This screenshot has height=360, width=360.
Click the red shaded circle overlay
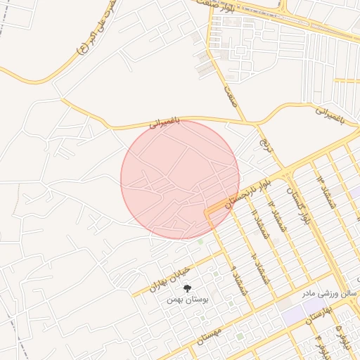[180, 179]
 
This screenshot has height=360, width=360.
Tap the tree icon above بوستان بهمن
[187, 288]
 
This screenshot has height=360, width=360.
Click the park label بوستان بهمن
[186, 299]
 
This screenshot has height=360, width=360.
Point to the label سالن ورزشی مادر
[331, 292]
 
